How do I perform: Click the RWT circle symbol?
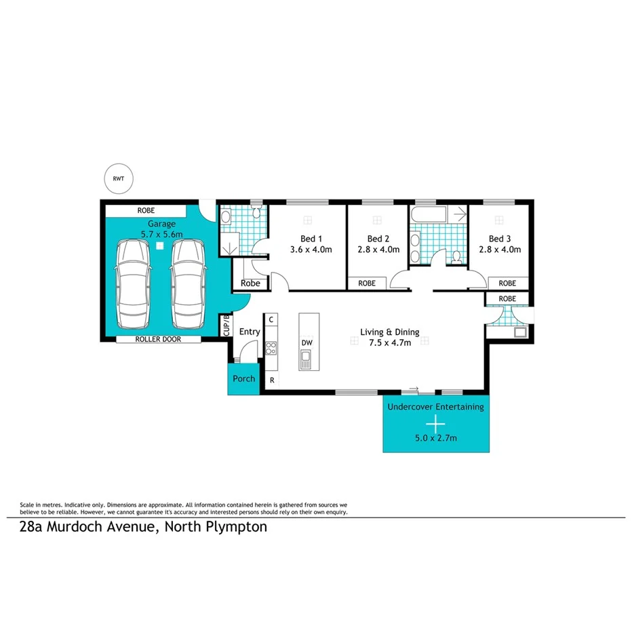(x=119, y=179)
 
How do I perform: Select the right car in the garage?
(x=187, y=283)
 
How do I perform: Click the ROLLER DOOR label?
(x=158, y=339)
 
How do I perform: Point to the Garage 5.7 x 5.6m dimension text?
(x=161, y=234)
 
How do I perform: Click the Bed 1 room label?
(x=311, y=239)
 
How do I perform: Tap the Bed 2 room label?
(x=378, y=239)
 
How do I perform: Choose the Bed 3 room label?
(x=501, y=239)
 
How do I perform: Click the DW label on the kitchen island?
(x=307, y=343)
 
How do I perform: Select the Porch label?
(x=243, y=378)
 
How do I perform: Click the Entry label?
(x=250, y=332)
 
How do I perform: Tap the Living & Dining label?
(x=389, y=332)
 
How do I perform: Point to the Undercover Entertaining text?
(x=435, y=407)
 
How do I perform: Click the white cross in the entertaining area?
(x=435, y=423)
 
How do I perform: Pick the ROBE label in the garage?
(x=146, y=211)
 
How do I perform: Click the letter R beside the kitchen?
(x=272, y=380)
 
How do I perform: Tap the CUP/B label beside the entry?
(x=226, y=325)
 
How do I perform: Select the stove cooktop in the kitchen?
(x=271, y=349)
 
